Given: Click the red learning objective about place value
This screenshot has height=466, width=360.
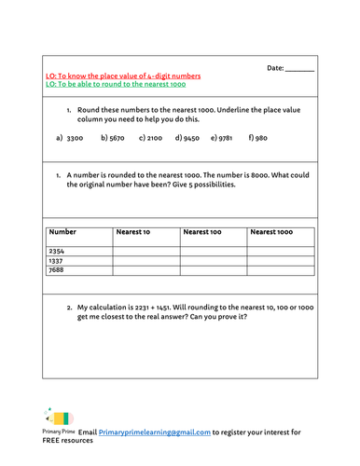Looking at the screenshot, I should [123, 75].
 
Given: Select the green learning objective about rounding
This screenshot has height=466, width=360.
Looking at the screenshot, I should [116, 84].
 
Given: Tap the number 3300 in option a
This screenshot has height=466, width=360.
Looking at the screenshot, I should [76, 138].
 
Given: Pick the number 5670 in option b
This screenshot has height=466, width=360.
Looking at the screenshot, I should [117, 138].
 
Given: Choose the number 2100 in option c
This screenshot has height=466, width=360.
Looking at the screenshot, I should [155, 138].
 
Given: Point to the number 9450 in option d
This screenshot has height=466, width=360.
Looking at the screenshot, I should [191, 138].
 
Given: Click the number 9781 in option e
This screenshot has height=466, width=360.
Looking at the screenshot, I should [228, 138].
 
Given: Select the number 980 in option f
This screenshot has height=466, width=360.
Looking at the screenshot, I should [260, 138].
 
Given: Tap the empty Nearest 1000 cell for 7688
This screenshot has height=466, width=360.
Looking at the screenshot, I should [281, 270].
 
